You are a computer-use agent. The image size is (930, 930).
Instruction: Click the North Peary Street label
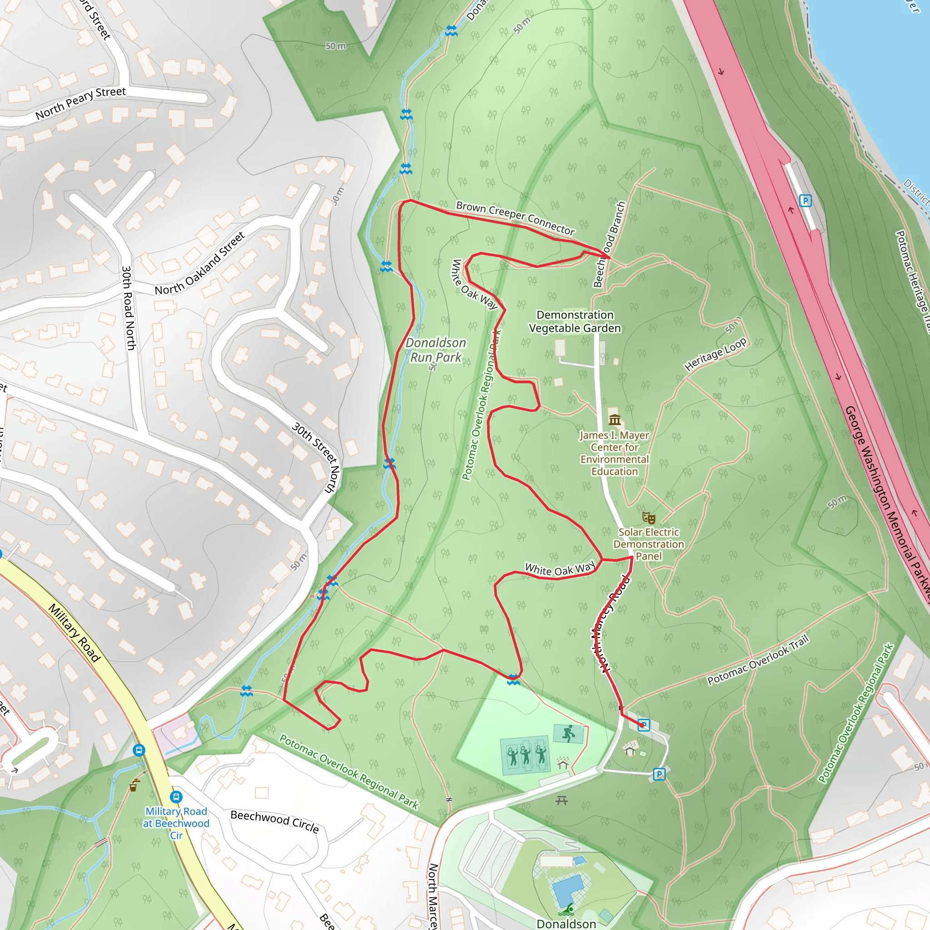[80, 103]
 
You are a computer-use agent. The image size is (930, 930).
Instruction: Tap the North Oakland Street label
[200, 263]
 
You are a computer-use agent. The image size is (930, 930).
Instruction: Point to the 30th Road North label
[129, 308]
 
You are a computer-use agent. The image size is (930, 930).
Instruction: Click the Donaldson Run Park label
[435, 350]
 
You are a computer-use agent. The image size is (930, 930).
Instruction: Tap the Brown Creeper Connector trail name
[515, 218]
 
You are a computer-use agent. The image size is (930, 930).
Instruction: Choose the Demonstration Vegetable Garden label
[575, 322]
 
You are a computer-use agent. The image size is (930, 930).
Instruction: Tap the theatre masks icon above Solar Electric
[648, 518]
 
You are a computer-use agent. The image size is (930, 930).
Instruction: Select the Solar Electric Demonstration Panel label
[648, 544]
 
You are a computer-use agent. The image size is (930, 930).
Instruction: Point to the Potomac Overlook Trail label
[758, 660]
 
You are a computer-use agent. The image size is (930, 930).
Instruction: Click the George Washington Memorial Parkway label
[885, 500]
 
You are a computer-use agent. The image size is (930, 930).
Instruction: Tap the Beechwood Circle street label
[274, 821]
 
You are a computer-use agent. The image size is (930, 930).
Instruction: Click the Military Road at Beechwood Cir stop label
[176, 823]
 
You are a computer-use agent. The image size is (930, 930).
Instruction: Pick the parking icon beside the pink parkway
[805, 200]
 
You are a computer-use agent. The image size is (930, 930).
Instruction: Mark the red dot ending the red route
[642, 724]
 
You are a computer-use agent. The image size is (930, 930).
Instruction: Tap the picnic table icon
[562, 800]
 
